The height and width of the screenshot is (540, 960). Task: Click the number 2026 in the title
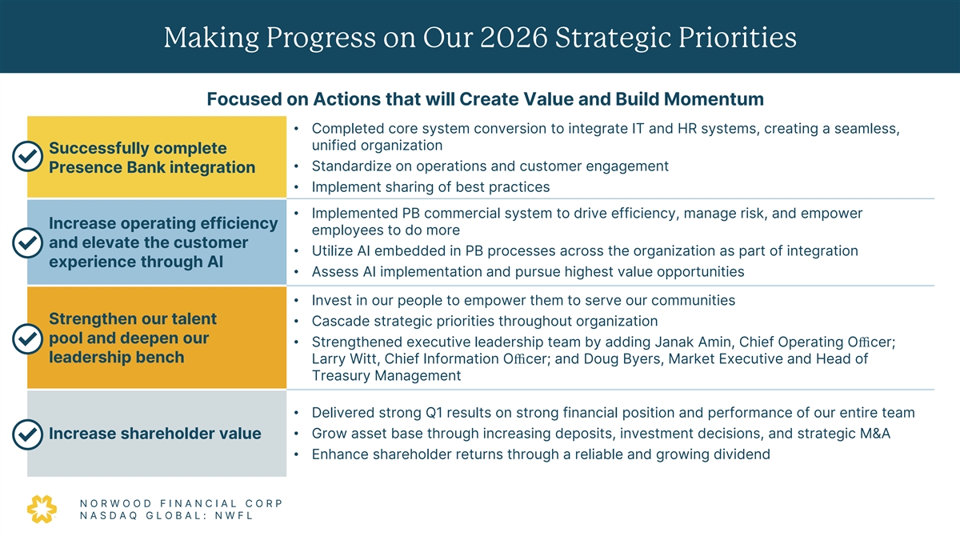click(x=514, y=38)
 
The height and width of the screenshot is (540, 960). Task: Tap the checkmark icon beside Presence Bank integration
click(x=27, y=157)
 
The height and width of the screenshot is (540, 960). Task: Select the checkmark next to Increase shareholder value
click(x=27, y=434)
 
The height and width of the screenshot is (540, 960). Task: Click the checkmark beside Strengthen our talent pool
click(x=27, y=338)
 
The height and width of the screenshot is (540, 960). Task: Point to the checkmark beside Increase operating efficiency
click(x=27, y=242)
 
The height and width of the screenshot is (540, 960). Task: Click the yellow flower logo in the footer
click(x=42, y=509)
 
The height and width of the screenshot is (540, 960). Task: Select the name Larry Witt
click(x=344, y=358)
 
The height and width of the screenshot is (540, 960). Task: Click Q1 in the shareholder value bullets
click(x=435, y=413)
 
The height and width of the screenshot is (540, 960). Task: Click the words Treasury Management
click(x=386, y=375)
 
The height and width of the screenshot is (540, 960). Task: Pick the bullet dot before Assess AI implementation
click(x=296, y=272)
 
